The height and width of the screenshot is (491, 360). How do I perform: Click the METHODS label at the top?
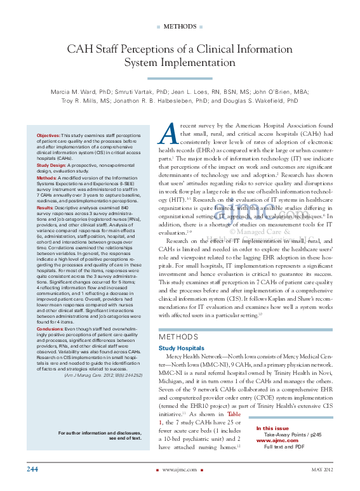180,27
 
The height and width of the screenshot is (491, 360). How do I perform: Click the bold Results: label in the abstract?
45,207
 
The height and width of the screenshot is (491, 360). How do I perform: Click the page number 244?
34,469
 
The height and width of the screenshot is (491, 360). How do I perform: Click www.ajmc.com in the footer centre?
179,470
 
